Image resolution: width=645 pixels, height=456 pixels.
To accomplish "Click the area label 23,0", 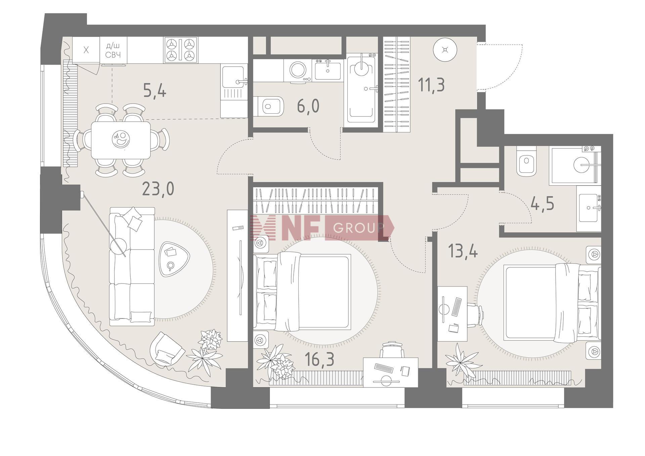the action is (x=158, y=189).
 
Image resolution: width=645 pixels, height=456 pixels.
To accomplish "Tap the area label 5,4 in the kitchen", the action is (x=155, y=91).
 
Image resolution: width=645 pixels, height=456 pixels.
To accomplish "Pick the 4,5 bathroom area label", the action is (x=542, y=204).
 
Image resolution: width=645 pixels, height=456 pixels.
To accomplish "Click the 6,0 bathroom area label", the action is (x=308, y=106).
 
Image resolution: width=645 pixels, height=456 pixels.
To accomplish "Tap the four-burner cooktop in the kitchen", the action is (x=181, y=50).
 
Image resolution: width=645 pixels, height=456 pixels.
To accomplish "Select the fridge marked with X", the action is (x=86, y=50).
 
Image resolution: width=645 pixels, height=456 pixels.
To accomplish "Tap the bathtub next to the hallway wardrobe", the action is (x=361, y=89).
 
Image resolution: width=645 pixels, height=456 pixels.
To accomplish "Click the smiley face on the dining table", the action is (x=121, y=139).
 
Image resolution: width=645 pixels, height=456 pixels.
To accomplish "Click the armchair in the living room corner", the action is (x=167, y=348).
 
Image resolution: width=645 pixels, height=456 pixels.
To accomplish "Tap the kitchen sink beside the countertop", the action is (x=234, y=82).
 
